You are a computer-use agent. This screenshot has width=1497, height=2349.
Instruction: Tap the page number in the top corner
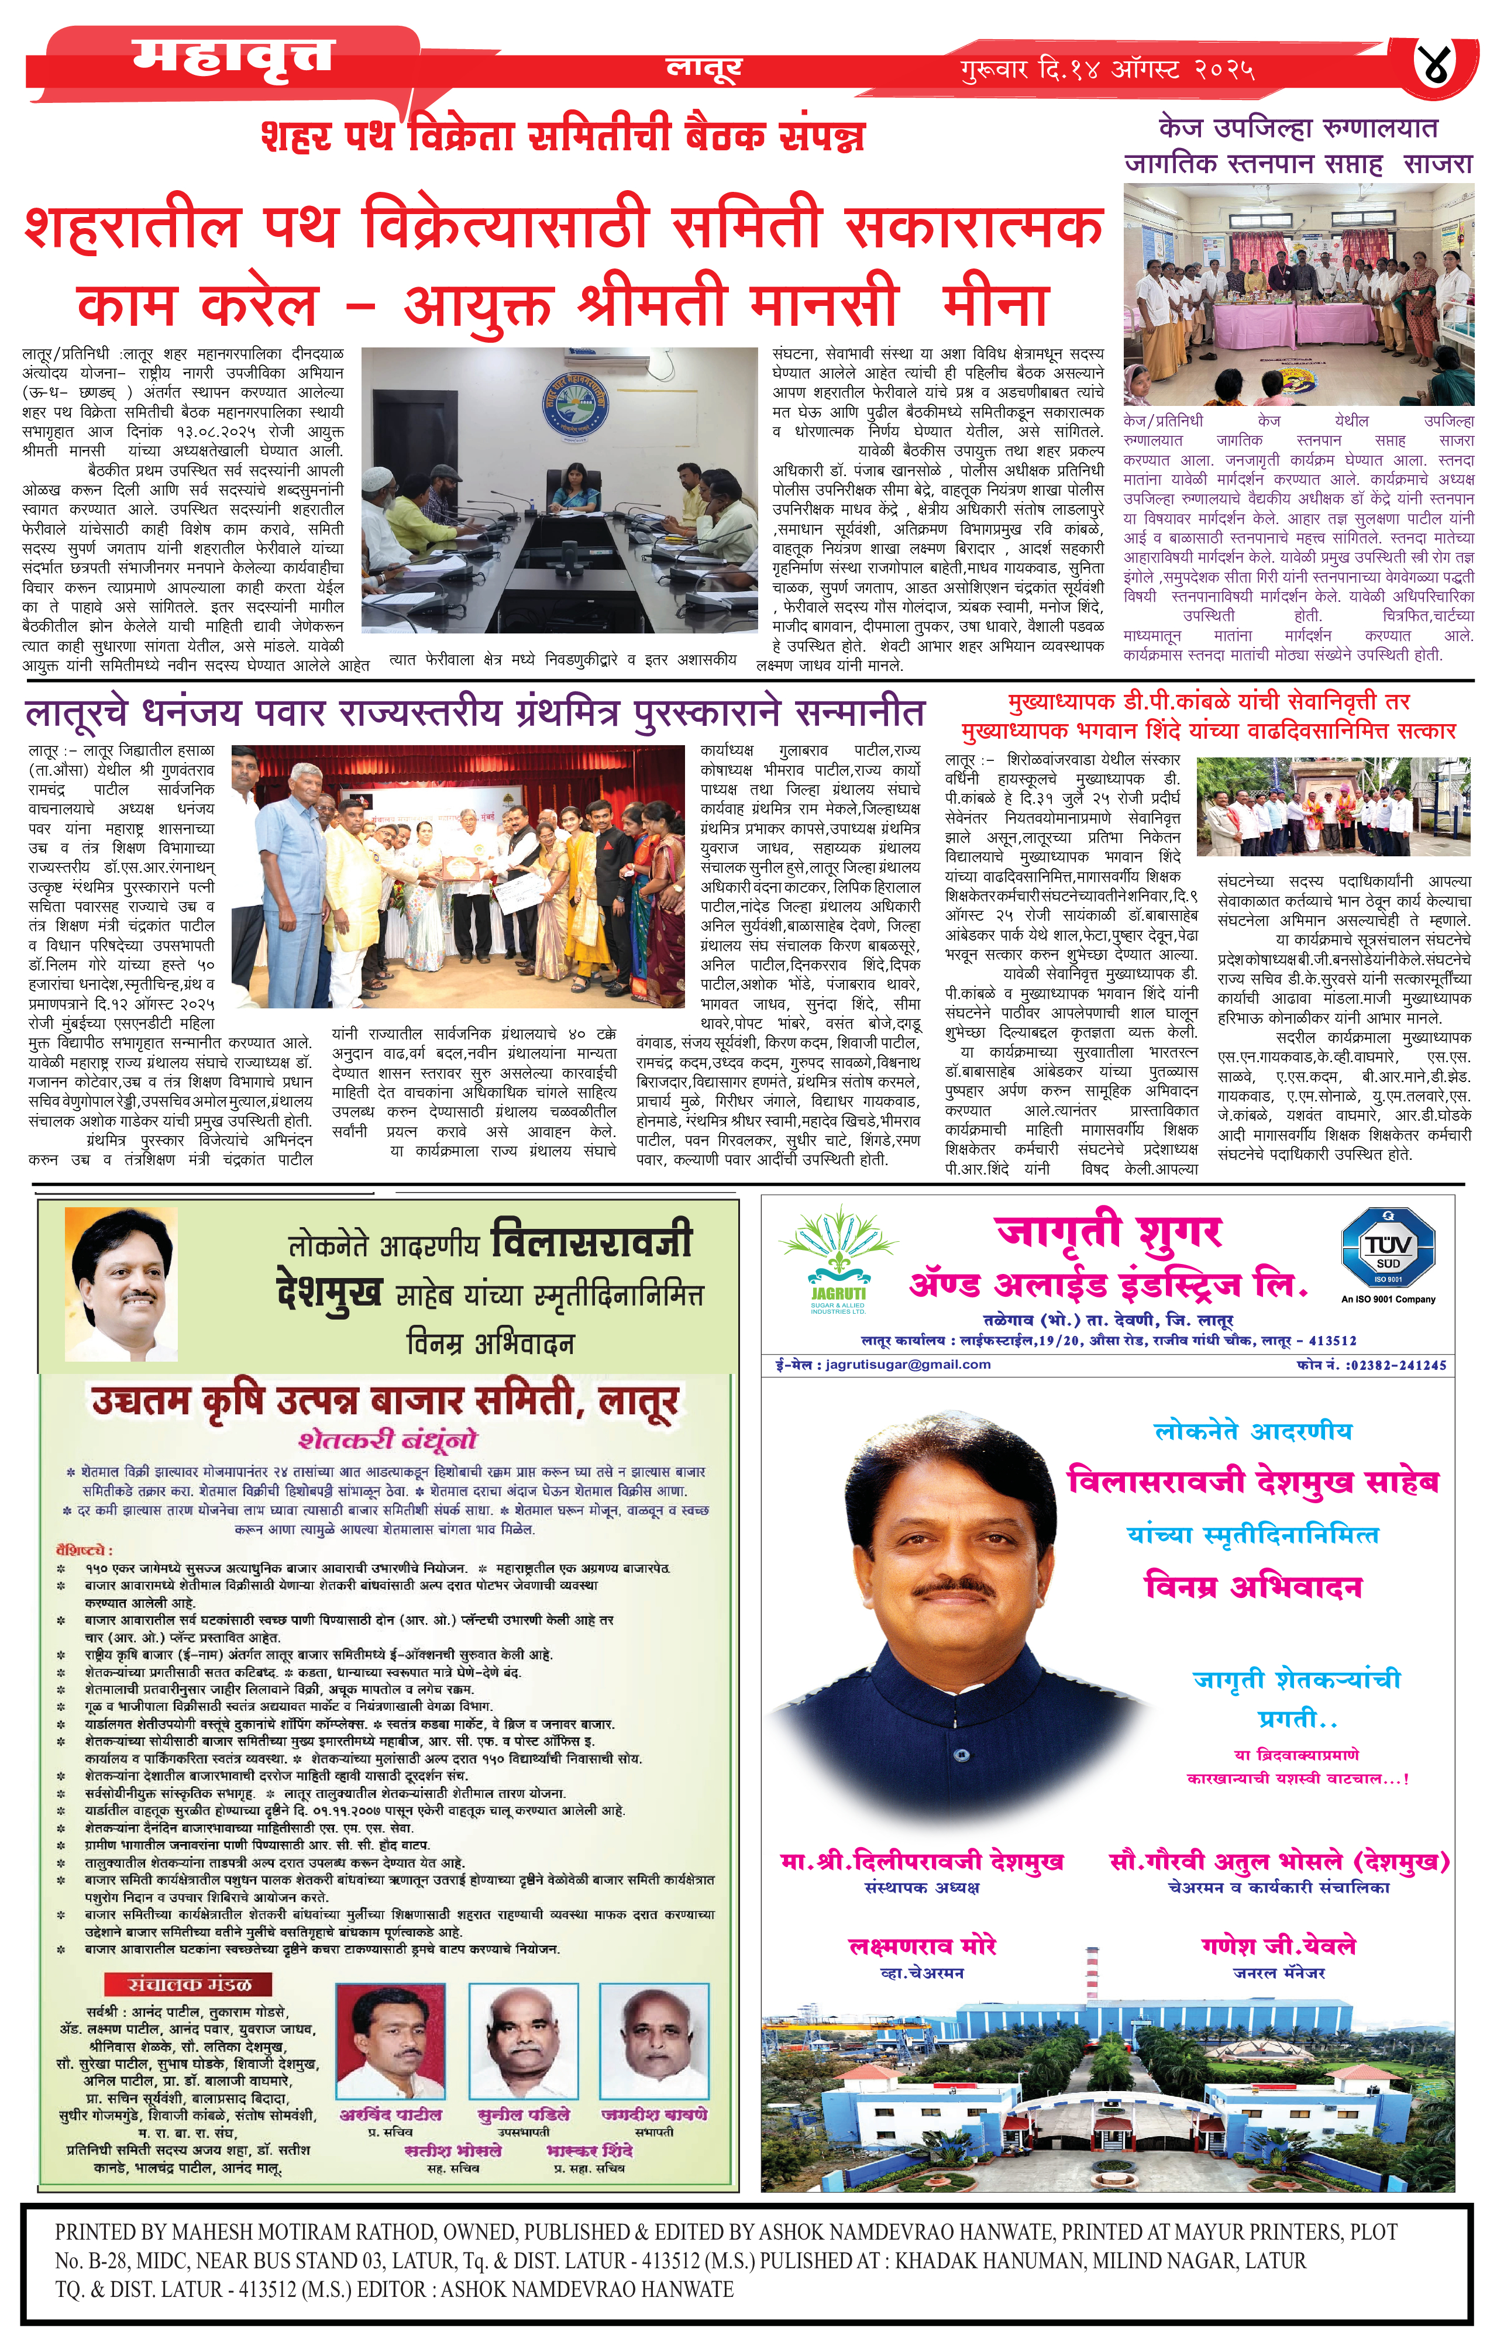point(1441,66)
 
